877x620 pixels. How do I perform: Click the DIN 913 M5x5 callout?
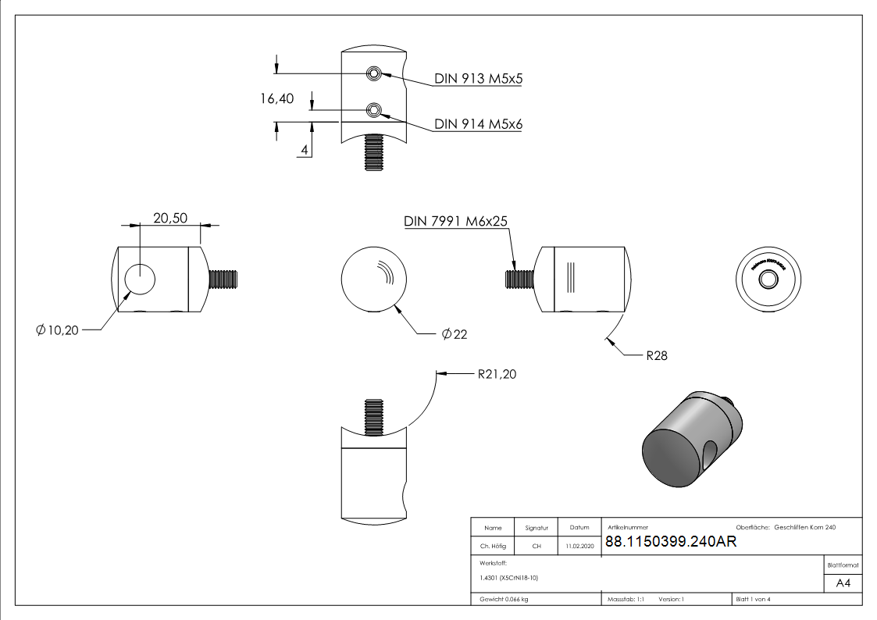tap(478, 79)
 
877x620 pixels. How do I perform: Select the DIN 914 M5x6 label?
tap(478, 124)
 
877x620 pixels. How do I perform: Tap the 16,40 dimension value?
tap(277, 98)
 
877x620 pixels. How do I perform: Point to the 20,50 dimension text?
tap(169, 219)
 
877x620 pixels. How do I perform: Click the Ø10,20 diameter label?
tap(57, 330)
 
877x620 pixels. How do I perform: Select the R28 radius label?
tap(657, 355)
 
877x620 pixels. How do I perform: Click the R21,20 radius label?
tap(497, 374)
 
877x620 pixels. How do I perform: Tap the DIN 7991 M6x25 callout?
tap(456, 221)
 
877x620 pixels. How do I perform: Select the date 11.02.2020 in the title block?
tap(579, 547)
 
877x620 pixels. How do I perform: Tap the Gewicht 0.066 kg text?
tap(504, 600)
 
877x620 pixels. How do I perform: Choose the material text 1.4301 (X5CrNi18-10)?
tap(509, 578)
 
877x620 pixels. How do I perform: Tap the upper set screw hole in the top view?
tap(375, 73)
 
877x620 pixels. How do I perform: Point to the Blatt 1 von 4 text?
tap(753, 600)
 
